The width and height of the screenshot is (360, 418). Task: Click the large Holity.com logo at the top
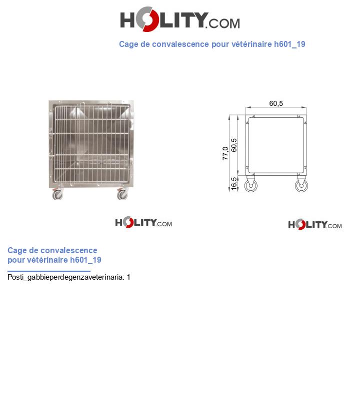click(180, 19)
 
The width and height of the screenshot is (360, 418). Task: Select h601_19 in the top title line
click(290, 44)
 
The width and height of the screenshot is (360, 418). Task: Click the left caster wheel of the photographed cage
click(57, 194)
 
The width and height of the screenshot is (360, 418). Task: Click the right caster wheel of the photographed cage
click(122, 194)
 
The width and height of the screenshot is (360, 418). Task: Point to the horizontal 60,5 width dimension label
click(276, 103)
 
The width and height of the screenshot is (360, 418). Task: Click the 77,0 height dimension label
click(225, 153)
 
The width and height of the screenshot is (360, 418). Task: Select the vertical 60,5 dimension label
click(234, 145)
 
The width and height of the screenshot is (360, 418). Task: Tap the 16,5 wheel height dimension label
click(234, 183)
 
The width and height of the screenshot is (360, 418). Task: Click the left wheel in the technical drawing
click(251, 185)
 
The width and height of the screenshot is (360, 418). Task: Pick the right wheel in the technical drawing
click(301, 185)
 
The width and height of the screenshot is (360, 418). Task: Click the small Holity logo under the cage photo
click(143, 222)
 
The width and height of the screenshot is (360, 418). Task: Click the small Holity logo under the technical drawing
click(315, 224)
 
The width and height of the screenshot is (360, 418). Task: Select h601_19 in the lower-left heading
click(85, 260)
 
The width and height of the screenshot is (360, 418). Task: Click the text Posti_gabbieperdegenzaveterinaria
click(65, 277)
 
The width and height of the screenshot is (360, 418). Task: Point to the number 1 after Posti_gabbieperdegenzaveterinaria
click(128, 277)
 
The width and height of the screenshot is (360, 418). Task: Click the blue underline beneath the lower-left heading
click(49, 271)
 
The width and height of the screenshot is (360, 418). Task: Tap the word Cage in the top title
click(128, 44)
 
